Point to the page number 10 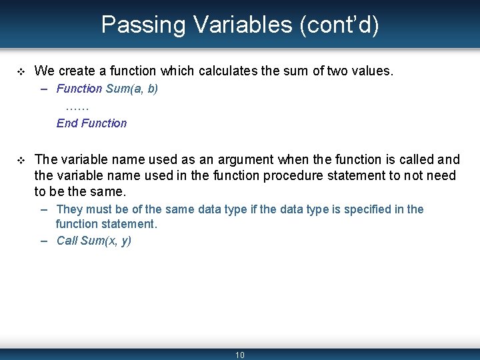point(240,355)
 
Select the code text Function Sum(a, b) point(107,89)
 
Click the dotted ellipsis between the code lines point(77,106)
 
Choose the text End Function point(91,123)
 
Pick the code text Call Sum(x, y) point(93,241)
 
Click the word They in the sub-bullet point(69,209)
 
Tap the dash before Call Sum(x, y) point(44,241)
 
